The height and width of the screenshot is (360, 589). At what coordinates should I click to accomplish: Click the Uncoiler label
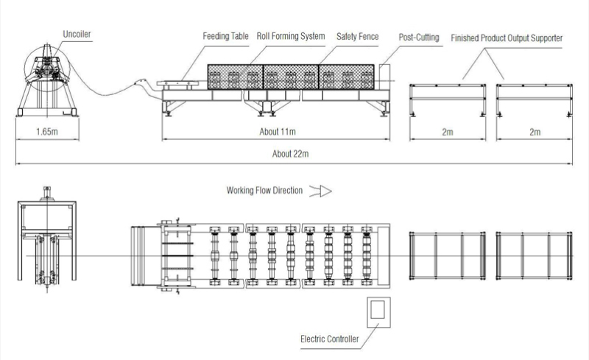point(77,34)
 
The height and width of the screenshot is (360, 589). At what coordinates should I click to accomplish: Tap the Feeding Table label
point(225,36)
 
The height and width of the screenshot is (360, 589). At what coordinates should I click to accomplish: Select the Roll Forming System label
point(291,36)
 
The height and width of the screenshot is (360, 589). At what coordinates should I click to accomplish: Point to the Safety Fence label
point(357,37)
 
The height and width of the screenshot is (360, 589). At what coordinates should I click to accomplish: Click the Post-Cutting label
point(419,38)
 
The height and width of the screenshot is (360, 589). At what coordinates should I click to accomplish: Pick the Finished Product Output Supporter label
point(507,38)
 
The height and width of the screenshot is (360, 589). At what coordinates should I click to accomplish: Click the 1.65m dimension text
point(47,132)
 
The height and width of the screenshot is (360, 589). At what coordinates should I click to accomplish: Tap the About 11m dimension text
point(278,132)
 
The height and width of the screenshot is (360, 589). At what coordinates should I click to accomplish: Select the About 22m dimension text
point(290,154)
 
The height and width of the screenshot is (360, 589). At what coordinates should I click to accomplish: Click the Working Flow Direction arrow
point(320,191)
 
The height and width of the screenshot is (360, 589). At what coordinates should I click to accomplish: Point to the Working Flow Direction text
point(264,191)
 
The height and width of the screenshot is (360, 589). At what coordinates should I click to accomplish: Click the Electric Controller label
point(329,339)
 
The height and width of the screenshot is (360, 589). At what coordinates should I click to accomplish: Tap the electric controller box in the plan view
point(378,312)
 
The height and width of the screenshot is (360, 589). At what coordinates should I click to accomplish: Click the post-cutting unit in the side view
point(384,77)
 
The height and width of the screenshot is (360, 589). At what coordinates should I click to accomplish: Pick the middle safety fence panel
point(291,77)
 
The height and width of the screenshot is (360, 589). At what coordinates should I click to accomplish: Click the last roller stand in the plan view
point(367,255)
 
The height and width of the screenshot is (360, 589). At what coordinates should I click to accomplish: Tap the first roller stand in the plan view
point(215,255)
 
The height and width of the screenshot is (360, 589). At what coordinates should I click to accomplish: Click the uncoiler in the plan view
point(47,240)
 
